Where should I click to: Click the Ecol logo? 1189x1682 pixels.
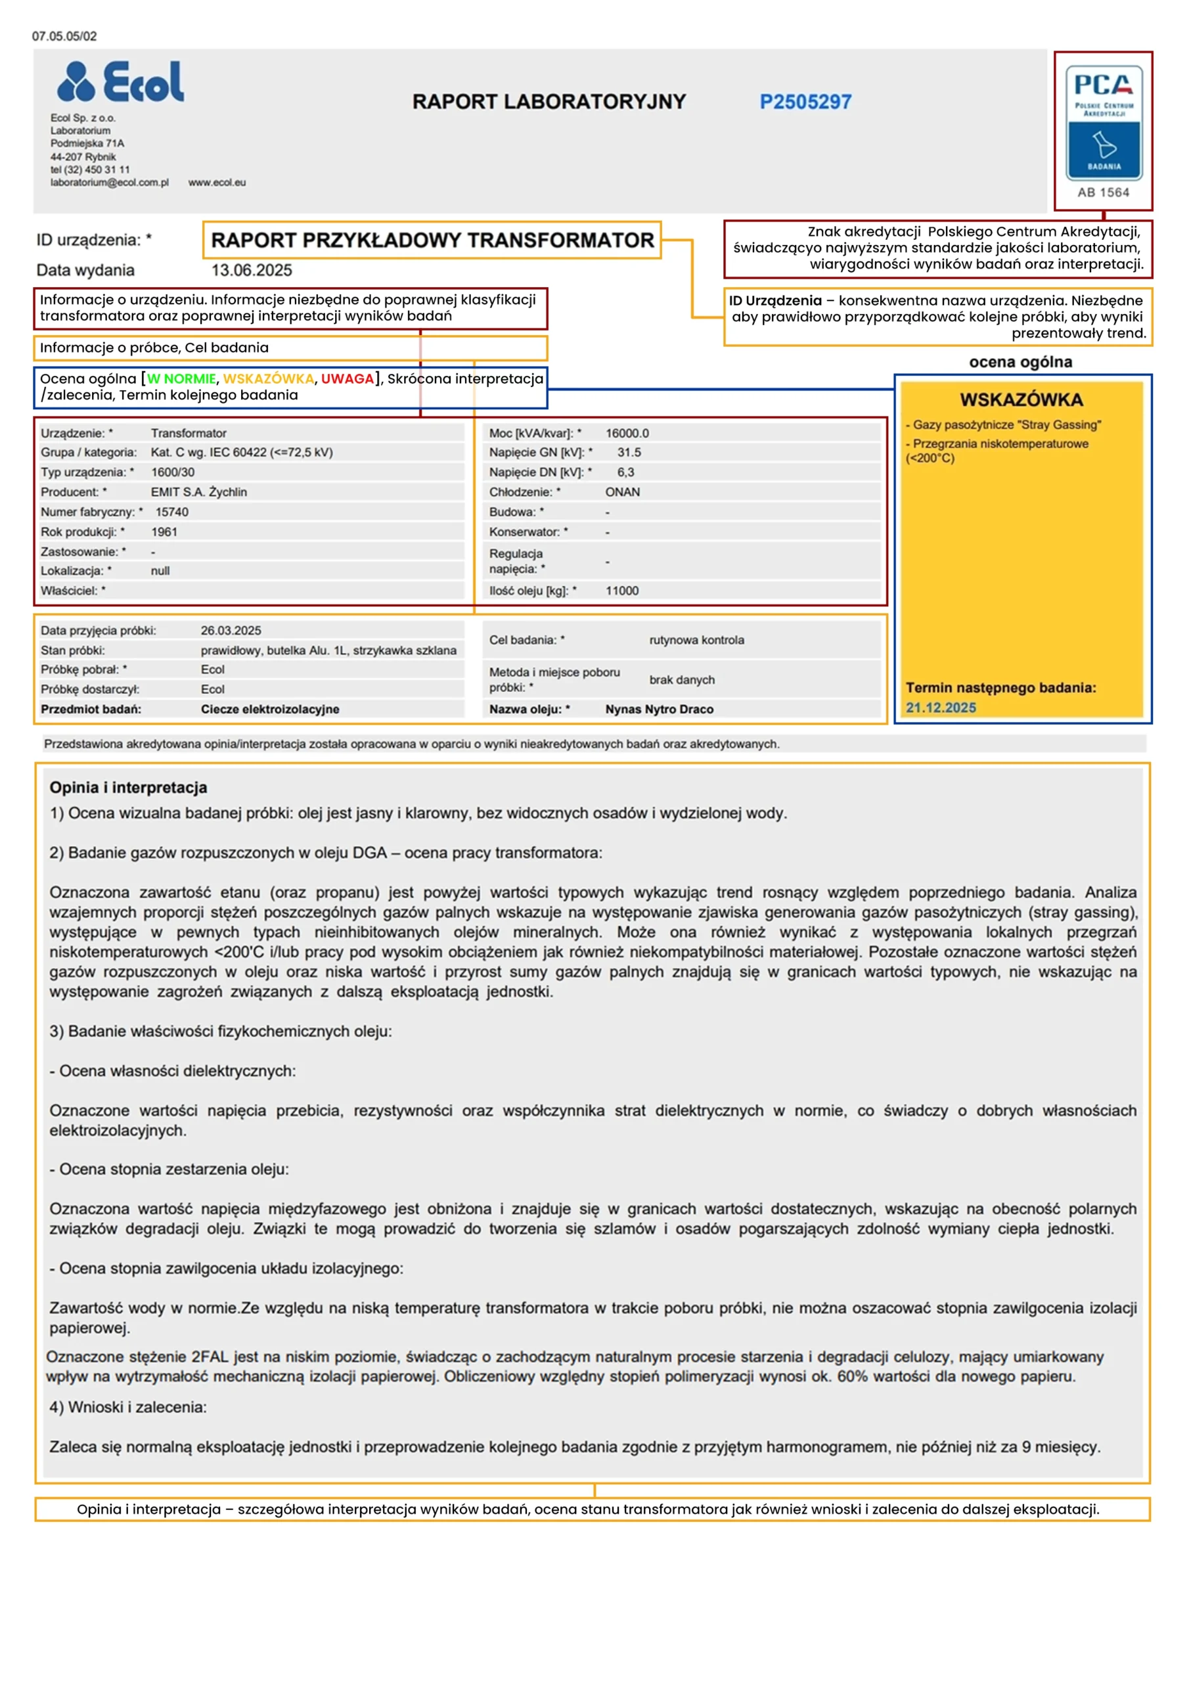coord(121,81)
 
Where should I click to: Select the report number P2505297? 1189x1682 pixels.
coord(805,102)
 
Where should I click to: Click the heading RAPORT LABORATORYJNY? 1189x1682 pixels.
coord(549,102)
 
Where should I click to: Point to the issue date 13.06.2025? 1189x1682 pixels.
coord(252,270)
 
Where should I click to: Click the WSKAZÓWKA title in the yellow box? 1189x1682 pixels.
coord(1021,399)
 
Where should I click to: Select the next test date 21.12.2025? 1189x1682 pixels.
coord(941,708)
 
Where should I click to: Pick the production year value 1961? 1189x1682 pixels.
coord(164,532)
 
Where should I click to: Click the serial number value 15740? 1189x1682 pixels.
coord(171,512)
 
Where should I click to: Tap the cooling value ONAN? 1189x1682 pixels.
coord(622,492)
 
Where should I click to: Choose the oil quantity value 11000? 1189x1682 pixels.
coord(622,591)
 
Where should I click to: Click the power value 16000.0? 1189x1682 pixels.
coord(627,433)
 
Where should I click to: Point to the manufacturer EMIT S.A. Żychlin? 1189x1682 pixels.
coord(198,492)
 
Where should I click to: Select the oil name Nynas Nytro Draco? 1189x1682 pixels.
coord(659,709)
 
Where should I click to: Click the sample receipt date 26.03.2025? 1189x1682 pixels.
coord(231,631)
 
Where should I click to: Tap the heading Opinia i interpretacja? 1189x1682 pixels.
coord(128,788)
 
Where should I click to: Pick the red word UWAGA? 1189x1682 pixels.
coord(348,378)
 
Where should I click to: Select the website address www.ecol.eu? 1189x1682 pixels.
coord(217,183)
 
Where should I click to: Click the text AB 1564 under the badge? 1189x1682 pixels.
coord(1104,193)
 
